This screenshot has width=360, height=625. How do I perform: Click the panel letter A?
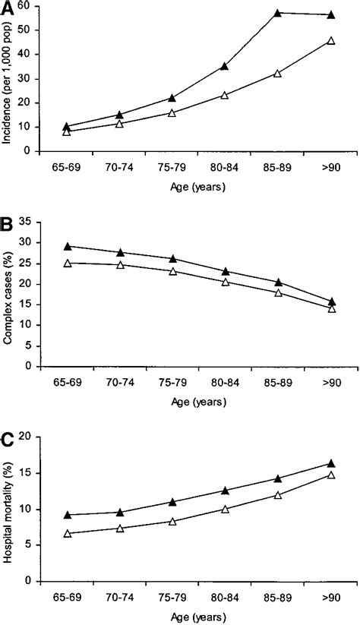8,8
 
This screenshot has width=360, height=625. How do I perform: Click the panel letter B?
8,226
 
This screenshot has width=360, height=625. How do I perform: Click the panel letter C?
8,440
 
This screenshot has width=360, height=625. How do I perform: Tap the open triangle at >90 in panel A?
330,41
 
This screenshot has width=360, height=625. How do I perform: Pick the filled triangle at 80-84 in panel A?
224,66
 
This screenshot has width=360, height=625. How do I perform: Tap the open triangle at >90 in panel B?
330,308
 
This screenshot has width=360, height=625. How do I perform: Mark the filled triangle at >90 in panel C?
330,463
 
